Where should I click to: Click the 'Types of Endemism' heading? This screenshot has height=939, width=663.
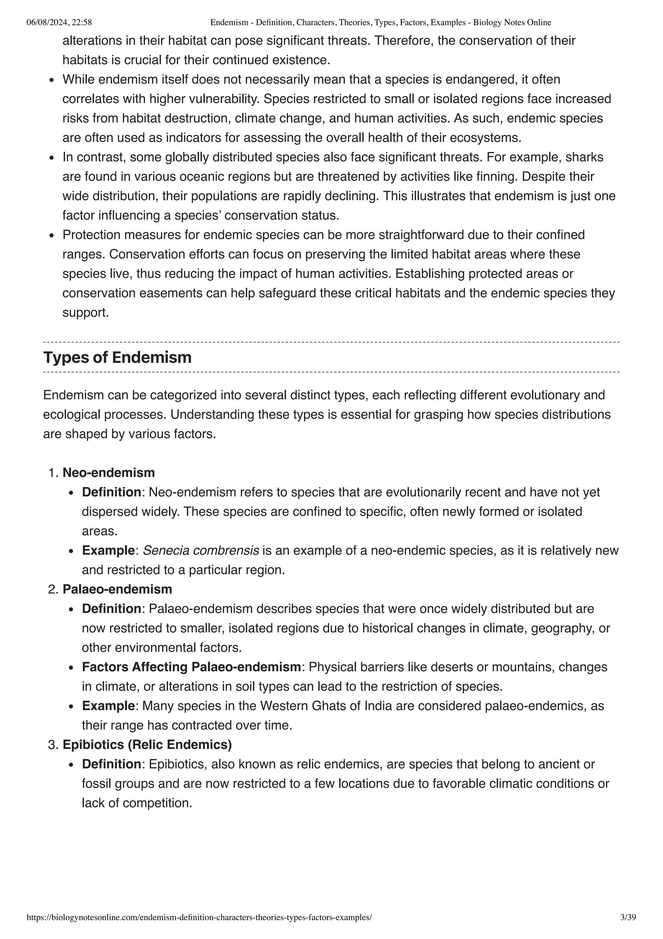117,357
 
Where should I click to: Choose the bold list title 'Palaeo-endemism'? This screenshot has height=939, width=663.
117,589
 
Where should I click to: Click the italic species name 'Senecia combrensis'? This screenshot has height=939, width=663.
201,551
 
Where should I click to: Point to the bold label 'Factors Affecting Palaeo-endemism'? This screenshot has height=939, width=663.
191,667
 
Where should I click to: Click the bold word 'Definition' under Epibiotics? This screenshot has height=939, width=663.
111,764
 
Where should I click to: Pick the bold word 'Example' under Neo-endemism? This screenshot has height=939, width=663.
108,551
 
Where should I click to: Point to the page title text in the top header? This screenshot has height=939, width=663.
380,22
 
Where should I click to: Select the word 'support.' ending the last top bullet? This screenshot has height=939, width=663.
86,313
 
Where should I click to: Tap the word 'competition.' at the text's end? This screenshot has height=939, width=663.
157,803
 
